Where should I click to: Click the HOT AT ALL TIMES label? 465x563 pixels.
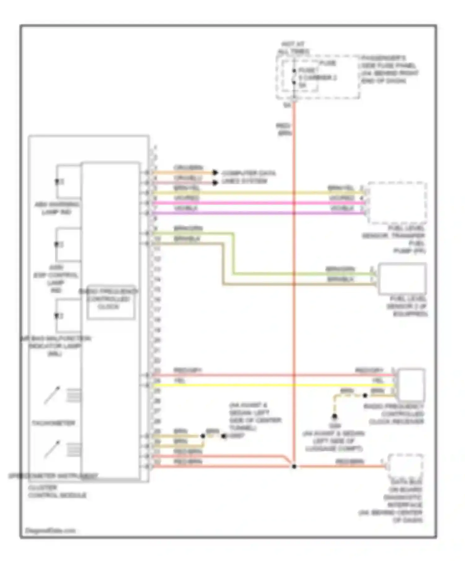(293, 48)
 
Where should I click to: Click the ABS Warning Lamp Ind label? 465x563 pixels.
(57, 208)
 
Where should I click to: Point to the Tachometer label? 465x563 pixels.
(53, 423)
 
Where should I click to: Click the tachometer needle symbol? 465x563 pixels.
(52, 395)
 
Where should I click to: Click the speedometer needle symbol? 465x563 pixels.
(52, 449)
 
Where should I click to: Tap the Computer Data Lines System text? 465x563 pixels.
(248, 177)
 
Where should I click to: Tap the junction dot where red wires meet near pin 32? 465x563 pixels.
(294, 466)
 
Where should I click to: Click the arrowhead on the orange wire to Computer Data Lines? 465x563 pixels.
(215, 173)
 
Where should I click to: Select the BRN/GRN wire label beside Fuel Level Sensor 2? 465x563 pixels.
(340, 269)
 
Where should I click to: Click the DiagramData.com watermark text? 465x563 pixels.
(50, 530)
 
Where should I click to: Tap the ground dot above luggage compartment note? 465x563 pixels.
(334, 416)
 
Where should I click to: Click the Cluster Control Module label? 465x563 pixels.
(57, 491)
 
